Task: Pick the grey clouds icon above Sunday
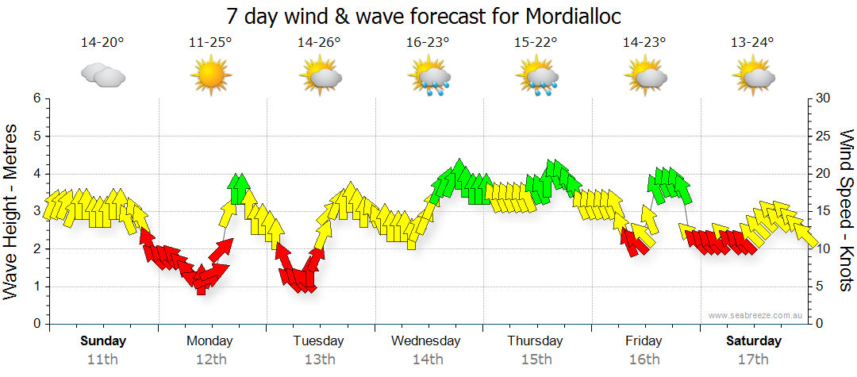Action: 102,75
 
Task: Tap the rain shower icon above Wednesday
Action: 429,78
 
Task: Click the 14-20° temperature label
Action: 102,42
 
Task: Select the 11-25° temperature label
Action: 210,42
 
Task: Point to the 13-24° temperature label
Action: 752,42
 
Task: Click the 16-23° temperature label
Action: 428,42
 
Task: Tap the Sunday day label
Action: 103,341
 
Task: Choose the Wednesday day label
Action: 426,341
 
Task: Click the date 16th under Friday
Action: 644,360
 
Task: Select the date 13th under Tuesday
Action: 319,360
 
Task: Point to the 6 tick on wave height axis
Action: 37,98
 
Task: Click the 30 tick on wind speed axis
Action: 824,98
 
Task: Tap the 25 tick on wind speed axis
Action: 824,137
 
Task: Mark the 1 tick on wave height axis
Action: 37,287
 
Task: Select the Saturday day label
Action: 754,341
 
